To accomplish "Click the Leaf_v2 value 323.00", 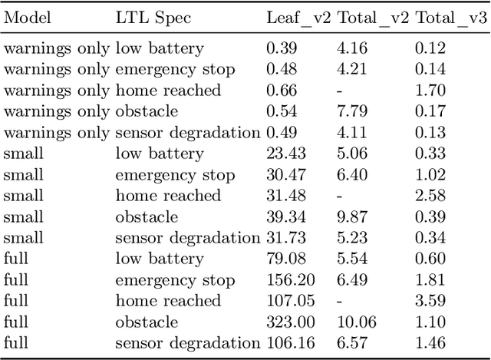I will [x=286, y=322].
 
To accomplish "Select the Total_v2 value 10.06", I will [x=356, y=322].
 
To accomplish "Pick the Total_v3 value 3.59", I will [x=431, y=301].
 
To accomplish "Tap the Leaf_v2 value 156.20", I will [x=286, y=279].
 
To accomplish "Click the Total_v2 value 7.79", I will [x=352, y=111].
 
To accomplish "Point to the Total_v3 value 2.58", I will [x=431, y=196].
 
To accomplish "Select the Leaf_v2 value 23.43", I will [x=282, y=154].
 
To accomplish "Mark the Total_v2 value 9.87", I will [x=352, y=216].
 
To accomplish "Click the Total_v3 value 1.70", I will [x=431, y=91].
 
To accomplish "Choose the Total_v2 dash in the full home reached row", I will [x=340, y=301].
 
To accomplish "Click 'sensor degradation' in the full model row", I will [x=187, y=343].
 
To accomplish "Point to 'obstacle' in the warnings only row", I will [x=147, y=111].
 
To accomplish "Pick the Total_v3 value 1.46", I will [x=431, y=343].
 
